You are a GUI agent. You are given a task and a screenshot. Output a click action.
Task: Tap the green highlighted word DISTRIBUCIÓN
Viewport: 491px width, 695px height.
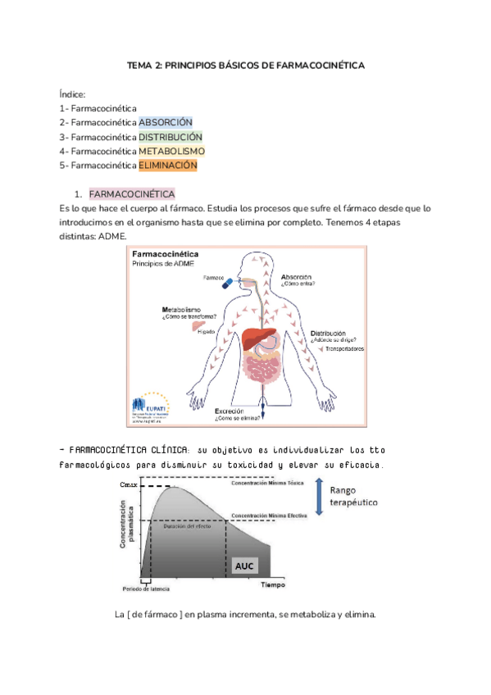[x=170, y=137]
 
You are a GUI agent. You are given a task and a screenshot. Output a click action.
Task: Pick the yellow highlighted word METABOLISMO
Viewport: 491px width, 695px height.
[x=171, y=151]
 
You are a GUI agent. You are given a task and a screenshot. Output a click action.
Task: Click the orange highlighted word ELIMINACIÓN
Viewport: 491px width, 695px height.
[x=168, y=165]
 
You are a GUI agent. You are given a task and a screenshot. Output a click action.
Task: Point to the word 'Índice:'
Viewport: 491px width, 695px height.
[x=72, y=94]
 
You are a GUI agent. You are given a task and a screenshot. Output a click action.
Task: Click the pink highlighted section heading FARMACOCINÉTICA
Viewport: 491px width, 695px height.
[x=131, y=194]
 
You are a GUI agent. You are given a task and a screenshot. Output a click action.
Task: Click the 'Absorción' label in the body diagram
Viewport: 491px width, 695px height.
[x=297, y=277]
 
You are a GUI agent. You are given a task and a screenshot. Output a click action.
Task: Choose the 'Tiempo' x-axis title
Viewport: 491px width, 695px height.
[x=274, y=585]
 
